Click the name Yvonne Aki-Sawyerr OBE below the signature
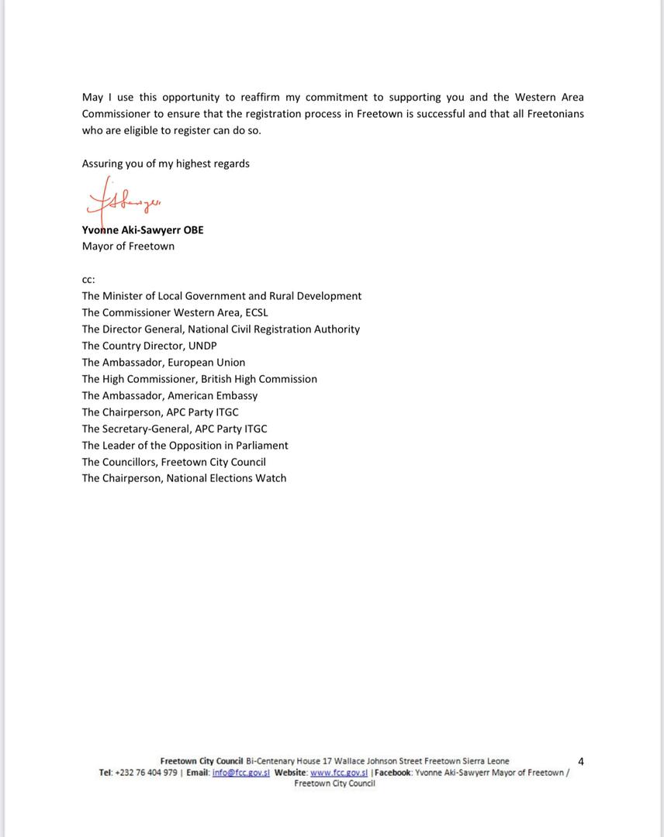pyautogui.click(x=143, y=230)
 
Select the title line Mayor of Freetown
pyautogui.click(x=128, y=246)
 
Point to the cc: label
pyautogui.click(x=88, y=279)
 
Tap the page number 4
pyautogui.click(x=581, y=761)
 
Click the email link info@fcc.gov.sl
pyautogui.click(x=240, y=773)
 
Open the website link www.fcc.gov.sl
pyautogui.click(x=339, y=773)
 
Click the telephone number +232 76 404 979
pyautogui.click(x=147, y=773)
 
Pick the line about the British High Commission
pyautogui.click(x=199, y=379)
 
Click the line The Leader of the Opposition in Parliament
pyautogui.click(x=185, y=446)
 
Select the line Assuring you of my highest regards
pyautogui.click(x=165, y=164)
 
